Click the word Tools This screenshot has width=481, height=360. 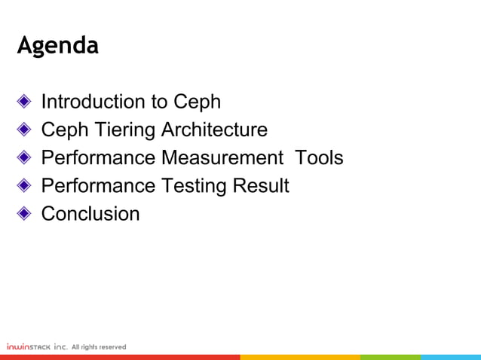coord(319,158)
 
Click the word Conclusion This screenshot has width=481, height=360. coord(90,214)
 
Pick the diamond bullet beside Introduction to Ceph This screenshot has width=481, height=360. coord(25,102)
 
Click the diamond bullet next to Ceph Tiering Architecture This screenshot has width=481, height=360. coord(25,130)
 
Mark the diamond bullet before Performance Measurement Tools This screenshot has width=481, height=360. coord(25,158)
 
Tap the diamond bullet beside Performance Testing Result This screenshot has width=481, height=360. coord(25,186)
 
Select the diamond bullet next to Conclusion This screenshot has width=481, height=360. coord(25,214)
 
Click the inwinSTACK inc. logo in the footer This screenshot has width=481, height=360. coord(37,346)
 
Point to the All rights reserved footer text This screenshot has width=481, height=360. coord(99,346)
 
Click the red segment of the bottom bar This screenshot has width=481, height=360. coord(121,357)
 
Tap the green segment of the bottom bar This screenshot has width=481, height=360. coord(390,357)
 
